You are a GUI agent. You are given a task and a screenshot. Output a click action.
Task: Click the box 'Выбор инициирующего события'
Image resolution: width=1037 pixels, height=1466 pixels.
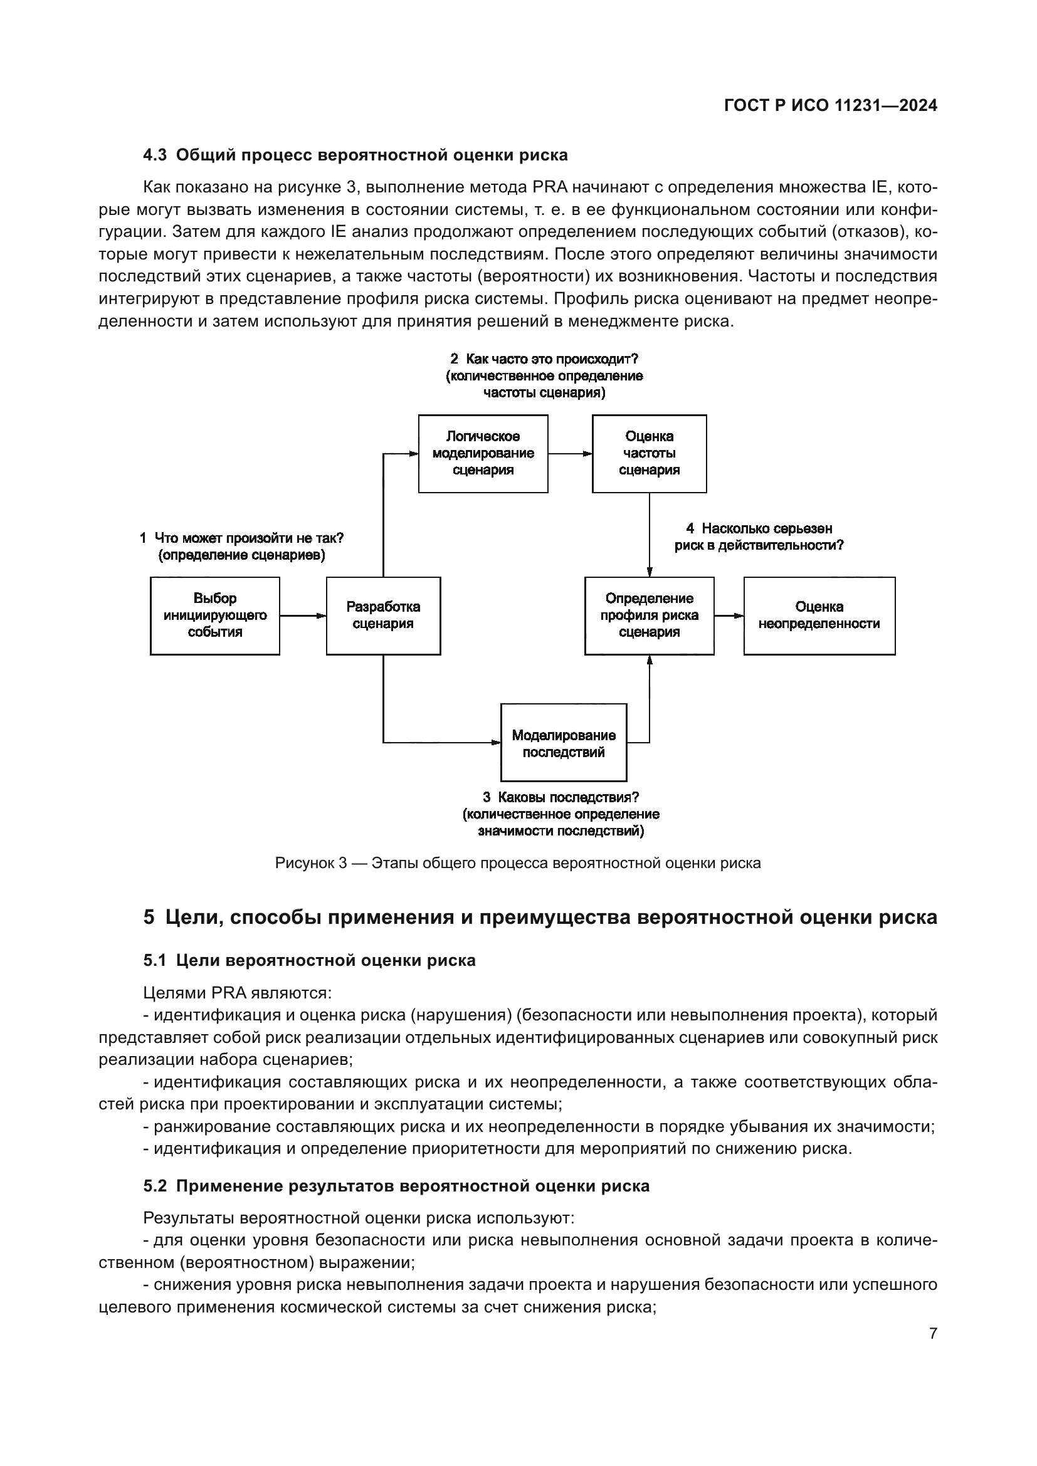pyautogui.click(x=214, y=615)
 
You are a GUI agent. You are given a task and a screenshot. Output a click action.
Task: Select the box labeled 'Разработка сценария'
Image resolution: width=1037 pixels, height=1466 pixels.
pyautogui.click(x=383, y=615)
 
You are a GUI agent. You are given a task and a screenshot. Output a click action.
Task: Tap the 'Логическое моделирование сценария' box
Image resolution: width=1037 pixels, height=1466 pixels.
pyautogui.click(x=483, y=453)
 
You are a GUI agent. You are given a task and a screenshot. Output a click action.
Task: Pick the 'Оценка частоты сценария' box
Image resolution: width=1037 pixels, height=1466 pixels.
pyautogui.click(x=649, y=453)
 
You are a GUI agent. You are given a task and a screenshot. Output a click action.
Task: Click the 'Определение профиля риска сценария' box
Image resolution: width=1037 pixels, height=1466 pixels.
pyautogui.click(x=649, y=615)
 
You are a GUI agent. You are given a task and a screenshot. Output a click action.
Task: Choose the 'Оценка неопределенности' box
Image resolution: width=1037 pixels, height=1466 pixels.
pyautogui.click(x=819, y=615)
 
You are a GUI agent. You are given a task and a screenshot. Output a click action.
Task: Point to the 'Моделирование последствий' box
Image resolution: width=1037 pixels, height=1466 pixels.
pyautogui.click(x=563, y=743)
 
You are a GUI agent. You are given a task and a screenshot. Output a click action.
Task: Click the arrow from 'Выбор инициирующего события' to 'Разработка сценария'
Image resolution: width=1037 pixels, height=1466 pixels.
pyautogui.click(x=303, y=615)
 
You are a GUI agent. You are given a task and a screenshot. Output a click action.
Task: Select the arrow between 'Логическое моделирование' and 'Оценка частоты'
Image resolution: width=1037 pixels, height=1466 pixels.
pyautogui.click(x=569, y=454)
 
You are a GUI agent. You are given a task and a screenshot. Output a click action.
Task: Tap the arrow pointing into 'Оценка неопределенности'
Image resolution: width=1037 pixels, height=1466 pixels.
pyautogui.click(x=729, y=615)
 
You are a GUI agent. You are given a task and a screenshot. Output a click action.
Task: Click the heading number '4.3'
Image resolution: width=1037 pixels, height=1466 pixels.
pyautogui.click(x=154, y=155)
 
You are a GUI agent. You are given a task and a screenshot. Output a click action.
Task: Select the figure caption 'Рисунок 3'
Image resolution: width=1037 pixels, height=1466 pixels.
pyautogui.click(x=310, y=864)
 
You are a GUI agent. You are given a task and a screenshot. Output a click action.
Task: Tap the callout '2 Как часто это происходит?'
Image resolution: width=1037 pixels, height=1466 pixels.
pyautogui.click(x=544, y=359)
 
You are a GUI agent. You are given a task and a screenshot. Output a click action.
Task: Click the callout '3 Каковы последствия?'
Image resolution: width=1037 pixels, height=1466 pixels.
pyautogui.click(x=560, y=797)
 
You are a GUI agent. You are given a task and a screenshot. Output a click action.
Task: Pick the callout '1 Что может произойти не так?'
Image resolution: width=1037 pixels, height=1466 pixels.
pyautogui.click(x=241, y=538)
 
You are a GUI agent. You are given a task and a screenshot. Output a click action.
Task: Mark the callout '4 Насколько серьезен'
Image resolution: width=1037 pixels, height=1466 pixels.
pyautogui.click(x=759, y=529)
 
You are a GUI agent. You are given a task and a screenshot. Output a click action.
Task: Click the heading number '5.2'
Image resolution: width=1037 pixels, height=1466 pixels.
pyautogui.click(x=154, y=1186)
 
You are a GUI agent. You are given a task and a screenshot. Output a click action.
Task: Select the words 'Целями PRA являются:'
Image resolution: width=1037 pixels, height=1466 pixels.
pyautogui.click(x=238, y=993)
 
